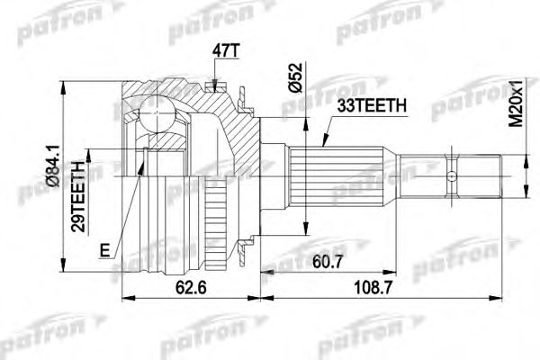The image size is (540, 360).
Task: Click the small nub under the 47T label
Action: [x=212, y=86]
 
